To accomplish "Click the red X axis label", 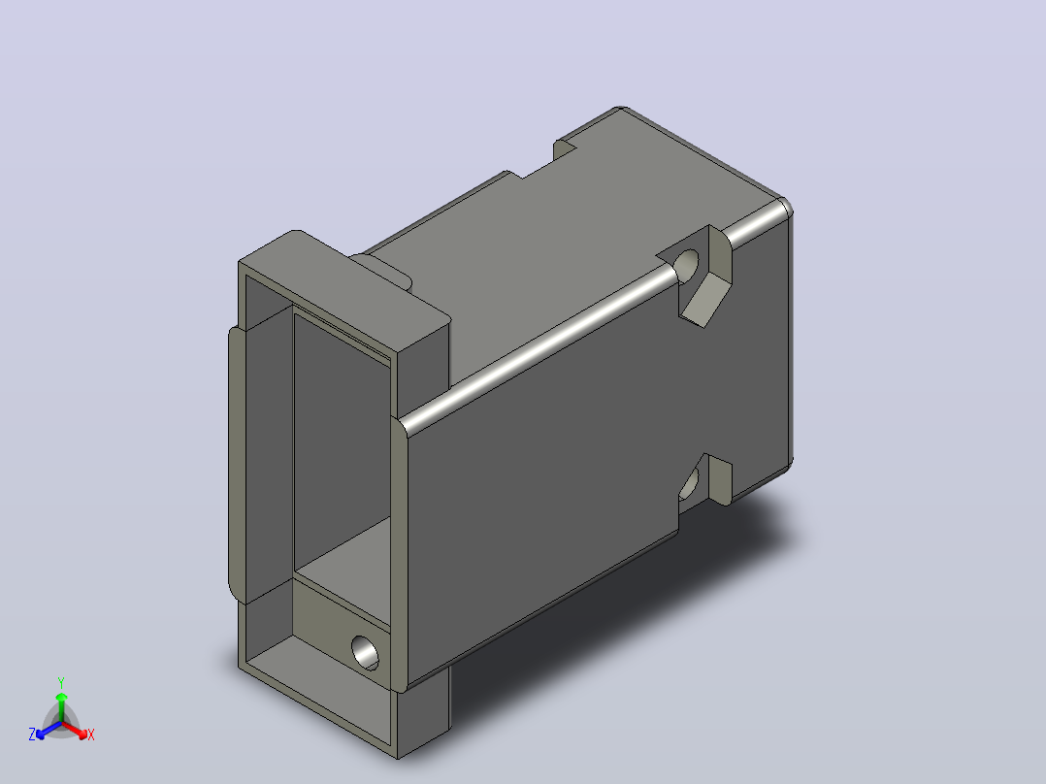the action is point(91,735).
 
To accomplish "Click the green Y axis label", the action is point(61,682).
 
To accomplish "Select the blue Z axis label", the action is point(32,734).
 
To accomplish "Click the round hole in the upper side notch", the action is point(686,265).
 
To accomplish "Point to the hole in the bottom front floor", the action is point(365,653).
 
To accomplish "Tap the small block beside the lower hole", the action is point(719,478).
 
